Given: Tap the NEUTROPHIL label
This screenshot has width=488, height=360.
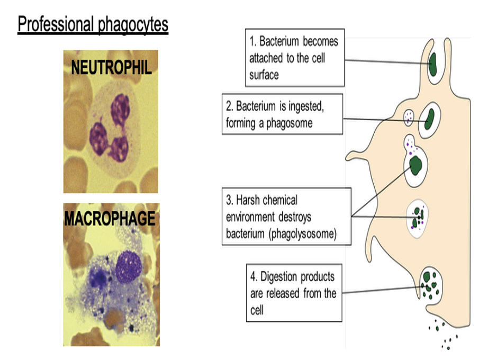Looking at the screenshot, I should (111, 67).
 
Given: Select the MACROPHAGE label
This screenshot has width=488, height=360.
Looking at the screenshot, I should (110, 219).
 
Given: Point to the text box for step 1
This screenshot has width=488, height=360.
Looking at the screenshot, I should (295, 58).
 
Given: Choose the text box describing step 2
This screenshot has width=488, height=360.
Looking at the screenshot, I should (282, 114).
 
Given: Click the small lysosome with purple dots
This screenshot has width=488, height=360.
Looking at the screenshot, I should (409, 118).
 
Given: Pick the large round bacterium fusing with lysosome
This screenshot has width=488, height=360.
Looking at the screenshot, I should (417, 165).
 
